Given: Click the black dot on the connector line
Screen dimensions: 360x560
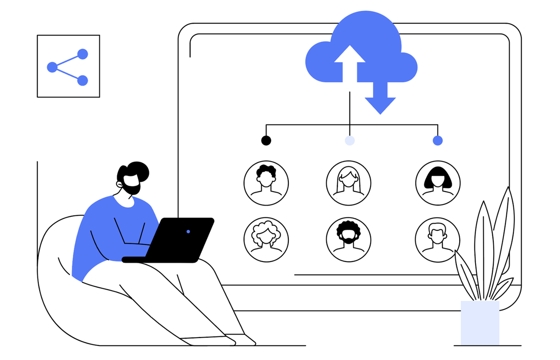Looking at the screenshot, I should [x=266, y=140].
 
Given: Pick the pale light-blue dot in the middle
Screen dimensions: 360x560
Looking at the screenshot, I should [x=350, y=140].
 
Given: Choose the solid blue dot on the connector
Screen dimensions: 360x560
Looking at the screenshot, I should [x=438, y=140].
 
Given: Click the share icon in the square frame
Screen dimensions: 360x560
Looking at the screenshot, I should [x=68, y=67].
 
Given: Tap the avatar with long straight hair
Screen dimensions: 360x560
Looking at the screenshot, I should [x=348, y=183].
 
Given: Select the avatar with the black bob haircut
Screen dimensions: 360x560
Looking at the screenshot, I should [x=438, y=183].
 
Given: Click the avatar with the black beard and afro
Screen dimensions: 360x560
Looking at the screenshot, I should [x=348, y=239].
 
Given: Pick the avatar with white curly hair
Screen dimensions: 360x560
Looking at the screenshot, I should [x=266, y=239].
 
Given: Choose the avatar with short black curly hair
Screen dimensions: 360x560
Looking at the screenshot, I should [x=266, y=183].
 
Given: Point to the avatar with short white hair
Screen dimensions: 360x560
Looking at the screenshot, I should [x=437, y=239].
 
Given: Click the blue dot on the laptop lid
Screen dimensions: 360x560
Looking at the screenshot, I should [x=188, y=231].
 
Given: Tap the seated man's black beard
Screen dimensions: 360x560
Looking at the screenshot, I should [x=132, y=187].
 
